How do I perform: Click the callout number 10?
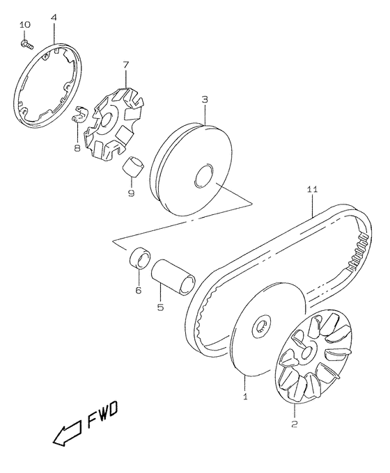25,24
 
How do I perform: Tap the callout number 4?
54,18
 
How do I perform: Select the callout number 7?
125,65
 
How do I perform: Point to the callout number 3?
205,99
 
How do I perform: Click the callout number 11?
313,189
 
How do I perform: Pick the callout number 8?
77,147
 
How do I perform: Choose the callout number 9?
131,193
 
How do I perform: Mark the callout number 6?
138,290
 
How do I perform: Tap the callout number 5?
160,307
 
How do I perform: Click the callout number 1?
245,396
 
